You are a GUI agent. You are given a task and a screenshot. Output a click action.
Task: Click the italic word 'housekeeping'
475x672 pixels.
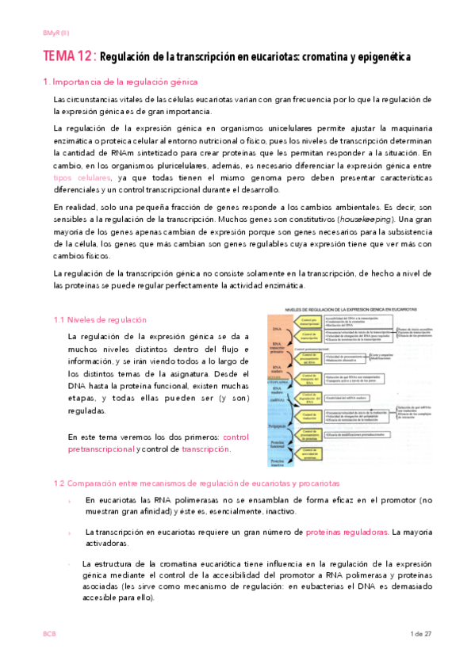point(357,218)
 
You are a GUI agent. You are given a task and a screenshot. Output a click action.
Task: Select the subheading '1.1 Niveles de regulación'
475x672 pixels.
point(100,319)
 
